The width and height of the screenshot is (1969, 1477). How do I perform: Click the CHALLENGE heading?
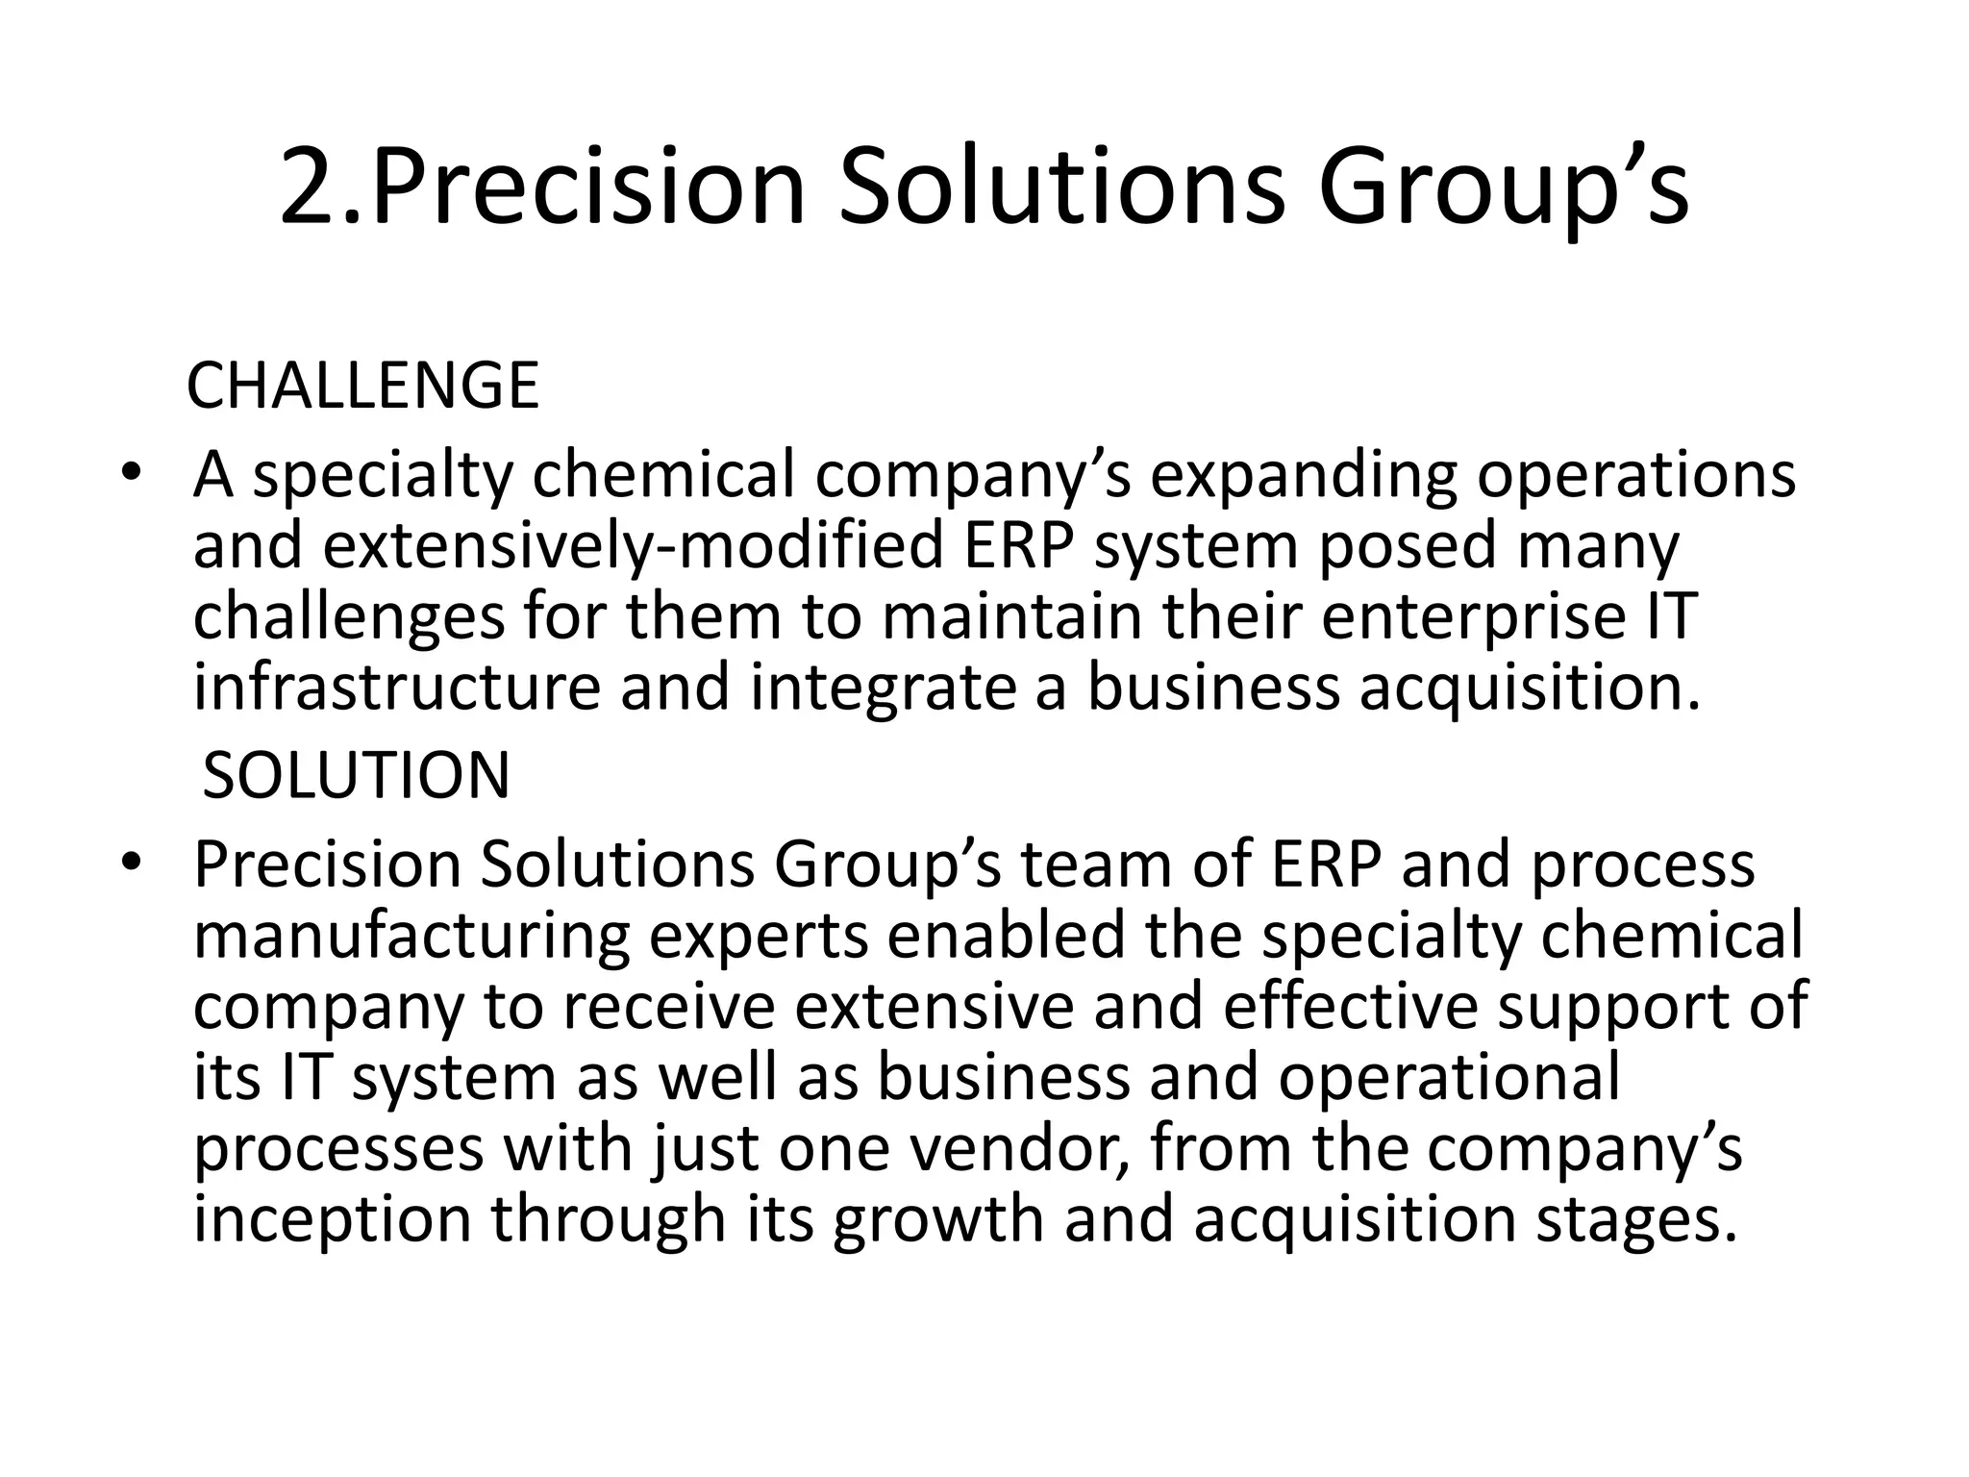pyautogui.click(x=362, y=387)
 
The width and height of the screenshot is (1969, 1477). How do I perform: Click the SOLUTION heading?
pyautogui.click(x=356, y=776)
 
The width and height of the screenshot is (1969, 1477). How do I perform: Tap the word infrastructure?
pyautogui.click(x=397, y=688)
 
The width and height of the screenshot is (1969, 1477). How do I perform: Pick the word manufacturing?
pyautogui.click(x=411, y=936)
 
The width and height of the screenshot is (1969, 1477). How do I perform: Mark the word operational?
pyautogui.click(x=1449, y=1077)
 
